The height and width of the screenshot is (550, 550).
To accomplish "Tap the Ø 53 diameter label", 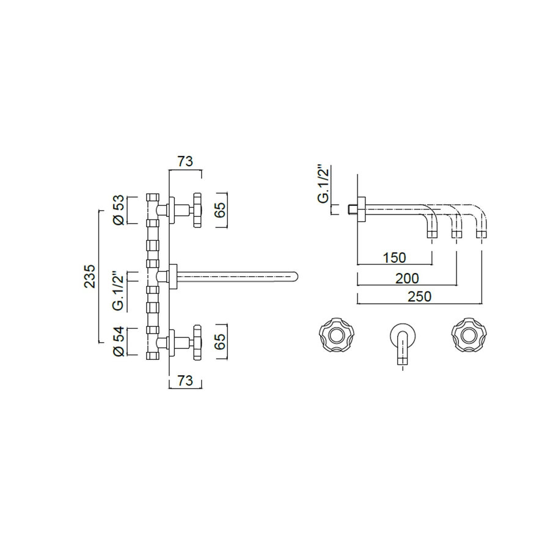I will point(120,210).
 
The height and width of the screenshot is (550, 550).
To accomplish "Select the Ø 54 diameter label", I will point(120,342).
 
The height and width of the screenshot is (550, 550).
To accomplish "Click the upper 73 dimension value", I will point(185,161).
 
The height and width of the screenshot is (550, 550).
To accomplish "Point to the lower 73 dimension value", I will point(185,381).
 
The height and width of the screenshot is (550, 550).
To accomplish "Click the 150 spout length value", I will point(394,257).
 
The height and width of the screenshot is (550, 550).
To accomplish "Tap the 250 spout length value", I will point(420,296).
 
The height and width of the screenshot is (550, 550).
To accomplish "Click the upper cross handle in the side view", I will point(196,210).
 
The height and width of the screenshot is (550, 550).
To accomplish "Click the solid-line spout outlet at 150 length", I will point(432,233).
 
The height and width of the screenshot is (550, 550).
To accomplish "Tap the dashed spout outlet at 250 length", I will point(482,233).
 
